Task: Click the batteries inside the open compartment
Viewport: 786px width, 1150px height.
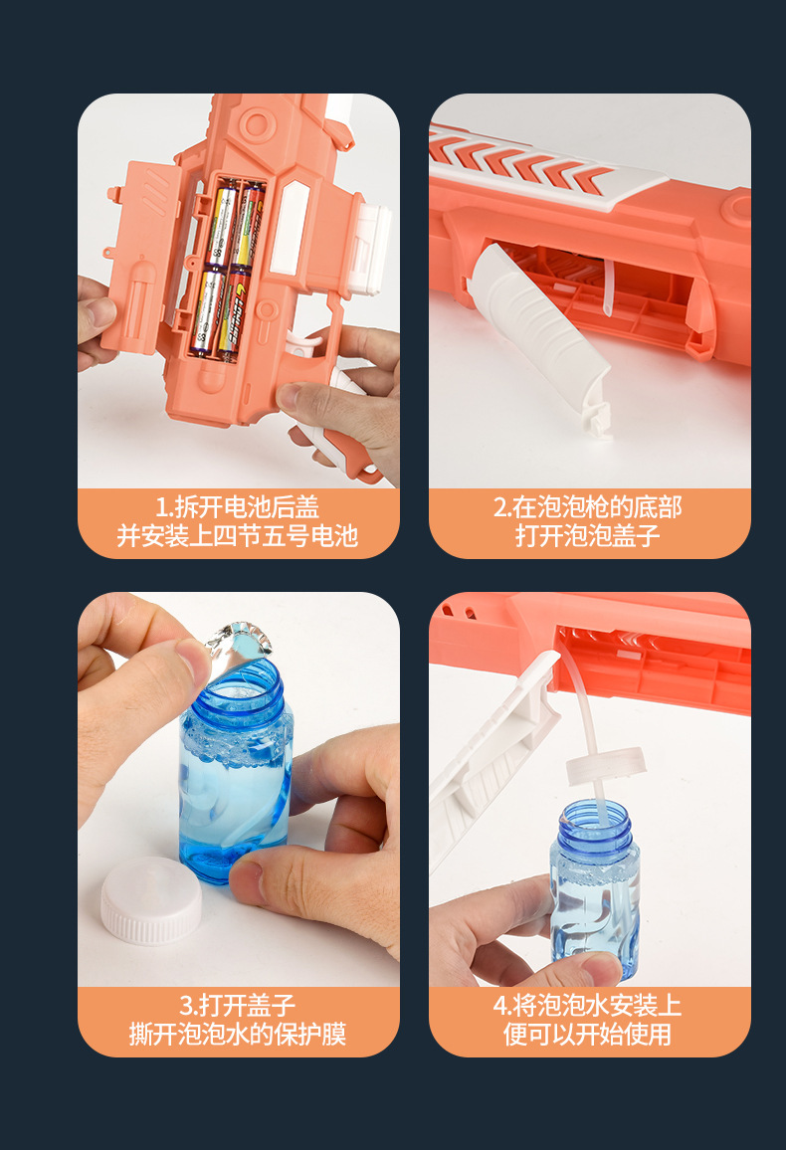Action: tap(227, 270)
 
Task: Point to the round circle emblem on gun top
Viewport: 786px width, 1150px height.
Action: tap(257, 124)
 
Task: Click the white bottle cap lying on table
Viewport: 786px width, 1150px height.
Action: tap(151, 900)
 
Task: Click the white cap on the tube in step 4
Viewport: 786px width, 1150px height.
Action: tap(606, 765)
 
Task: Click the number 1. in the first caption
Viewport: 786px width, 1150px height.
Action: tap(164, 506)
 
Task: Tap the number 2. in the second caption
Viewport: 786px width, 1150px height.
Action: tap(502, 506)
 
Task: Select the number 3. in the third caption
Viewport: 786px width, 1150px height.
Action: tap(189, 1005)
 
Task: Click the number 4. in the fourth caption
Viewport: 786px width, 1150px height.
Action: tap(502, 1005)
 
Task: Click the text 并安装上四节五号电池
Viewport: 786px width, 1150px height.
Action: tap(238, 536)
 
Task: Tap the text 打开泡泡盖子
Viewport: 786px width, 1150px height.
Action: tap(587, 536)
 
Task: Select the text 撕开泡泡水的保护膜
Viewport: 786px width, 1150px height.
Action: tap(238, 1035)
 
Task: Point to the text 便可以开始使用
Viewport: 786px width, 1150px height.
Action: tap(587, 1035)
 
